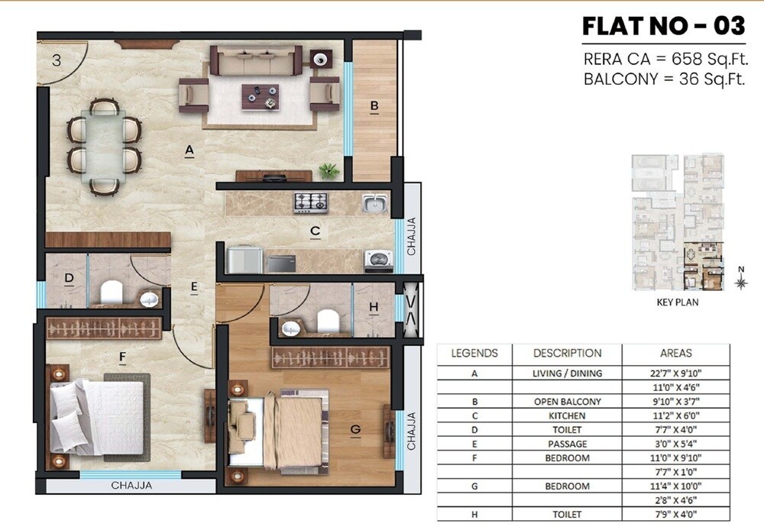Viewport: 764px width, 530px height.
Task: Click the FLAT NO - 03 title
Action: click(663, 26)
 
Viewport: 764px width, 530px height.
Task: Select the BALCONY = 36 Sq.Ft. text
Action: click(664, 79)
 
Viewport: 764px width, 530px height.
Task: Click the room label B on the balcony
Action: click(374, 106)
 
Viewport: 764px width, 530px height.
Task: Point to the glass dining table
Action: click(104, 146)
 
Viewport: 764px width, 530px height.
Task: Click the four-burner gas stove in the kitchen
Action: click(311, 202)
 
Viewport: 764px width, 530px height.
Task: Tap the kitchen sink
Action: click(374, 203)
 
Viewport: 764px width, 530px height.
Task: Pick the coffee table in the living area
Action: click(260, 95)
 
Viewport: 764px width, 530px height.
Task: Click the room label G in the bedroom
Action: click(354, 430)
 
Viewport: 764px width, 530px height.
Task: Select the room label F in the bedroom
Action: click(121, 356)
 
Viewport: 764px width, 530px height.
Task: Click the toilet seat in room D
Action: click(112, 292)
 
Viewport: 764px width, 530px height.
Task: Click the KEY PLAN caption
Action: click(677, 302)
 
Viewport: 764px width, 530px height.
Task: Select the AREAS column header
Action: click(675, 353)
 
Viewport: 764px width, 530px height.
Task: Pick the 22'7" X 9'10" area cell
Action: click(675, 373)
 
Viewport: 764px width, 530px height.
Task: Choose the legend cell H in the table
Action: click(474, 515)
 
